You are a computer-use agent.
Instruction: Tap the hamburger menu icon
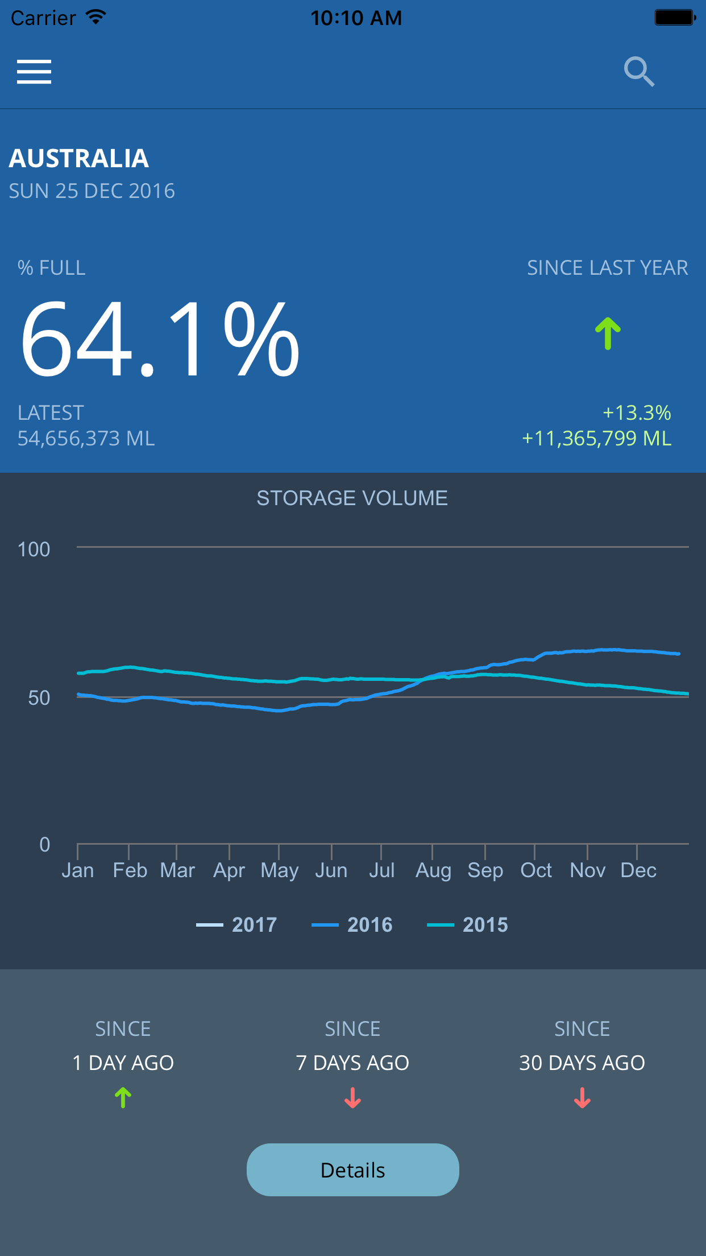[34, 72]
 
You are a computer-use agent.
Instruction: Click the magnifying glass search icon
[639, 72]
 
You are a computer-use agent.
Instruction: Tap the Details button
[352, 1170]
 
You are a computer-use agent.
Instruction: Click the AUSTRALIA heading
[79, 159]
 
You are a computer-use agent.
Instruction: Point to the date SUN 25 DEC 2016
[92, 191]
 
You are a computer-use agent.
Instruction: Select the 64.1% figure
[160, 339]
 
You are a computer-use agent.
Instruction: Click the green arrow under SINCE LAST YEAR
[608, 333]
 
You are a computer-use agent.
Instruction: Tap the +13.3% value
[637, 412]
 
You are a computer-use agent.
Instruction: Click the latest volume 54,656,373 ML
[86, 439]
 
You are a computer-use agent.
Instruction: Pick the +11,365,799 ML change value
[597, 439]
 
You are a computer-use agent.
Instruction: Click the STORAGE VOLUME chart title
[352, 498]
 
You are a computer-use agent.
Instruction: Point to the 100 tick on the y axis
[34, 549]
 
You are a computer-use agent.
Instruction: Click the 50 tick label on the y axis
[39, 698]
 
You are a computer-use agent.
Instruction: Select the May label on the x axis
[280, 870]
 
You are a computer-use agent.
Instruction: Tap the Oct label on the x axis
[536, 870]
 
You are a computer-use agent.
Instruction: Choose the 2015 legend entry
[468, 925]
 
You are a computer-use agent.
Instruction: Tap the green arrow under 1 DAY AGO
[123, 1097]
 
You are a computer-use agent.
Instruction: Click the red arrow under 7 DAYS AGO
[352, 1097]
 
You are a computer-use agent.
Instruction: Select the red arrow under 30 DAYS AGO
[582, 1097]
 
